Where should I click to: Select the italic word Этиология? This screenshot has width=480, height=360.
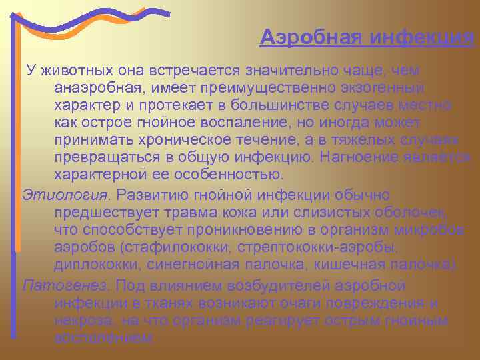point(65,194)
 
